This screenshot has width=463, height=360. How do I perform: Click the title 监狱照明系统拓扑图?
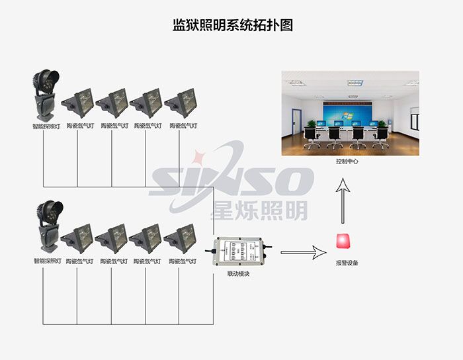click(x=232, y=25)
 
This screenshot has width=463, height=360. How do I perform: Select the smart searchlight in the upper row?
click(x=45, y=95)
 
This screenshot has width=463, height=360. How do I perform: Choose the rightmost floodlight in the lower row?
click(x=181, y=239)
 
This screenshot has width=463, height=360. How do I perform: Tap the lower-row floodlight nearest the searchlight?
click(x=79, y=239)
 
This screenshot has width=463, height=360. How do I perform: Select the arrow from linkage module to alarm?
click(x=304, y=252)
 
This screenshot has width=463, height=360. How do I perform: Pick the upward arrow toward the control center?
click(x=343, y=203)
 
